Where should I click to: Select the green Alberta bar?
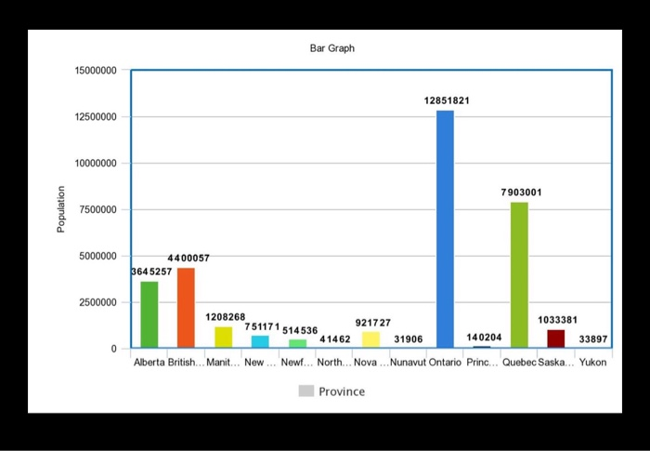(x=149, y=314)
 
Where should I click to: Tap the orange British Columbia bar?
(x=186, y=308)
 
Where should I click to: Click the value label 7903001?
(x=521, y=192)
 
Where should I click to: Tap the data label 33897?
(x=593, y=339)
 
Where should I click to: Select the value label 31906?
(x=409, y=339)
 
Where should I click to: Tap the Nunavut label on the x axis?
(x=408, y=363)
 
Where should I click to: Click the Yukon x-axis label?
(x=592, y=363)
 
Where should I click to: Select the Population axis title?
(x=61, y=209)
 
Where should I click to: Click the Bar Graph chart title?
(x=331, y=47)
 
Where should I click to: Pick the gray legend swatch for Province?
(x=305, y=391)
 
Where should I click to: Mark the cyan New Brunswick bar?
(x=260, y=341)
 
